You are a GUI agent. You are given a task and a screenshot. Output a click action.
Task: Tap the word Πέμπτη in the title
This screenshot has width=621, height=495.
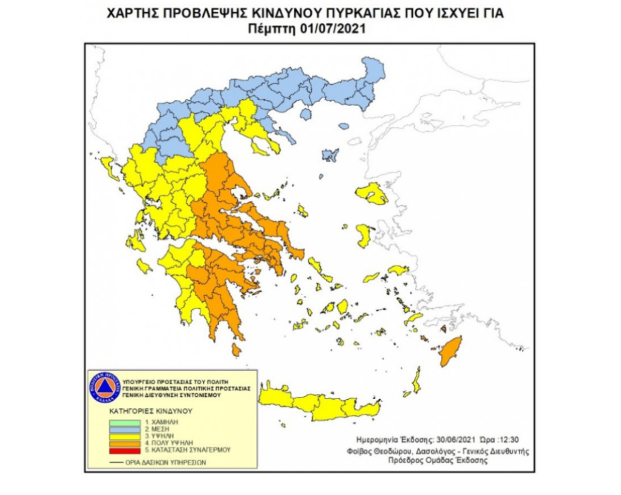(x=267, y=28)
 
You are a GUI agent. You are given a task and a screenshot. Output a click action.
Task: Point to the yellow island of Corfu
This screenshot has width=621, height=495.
(x=110, y=168)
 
